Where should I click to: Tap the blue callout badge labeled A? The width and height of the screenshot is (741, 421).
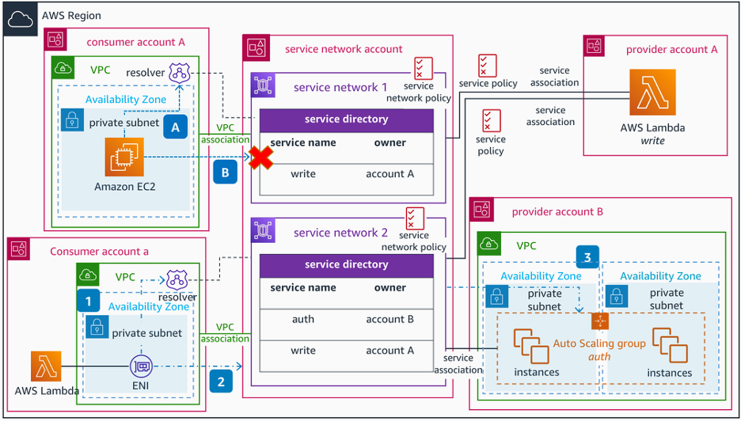[x=175, y=126]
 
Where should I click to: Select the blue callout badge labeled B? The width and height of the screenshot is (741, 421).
[x=225, y=172]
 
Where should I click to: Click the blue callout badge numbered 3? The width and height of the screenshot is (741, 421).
[x=587, y=258]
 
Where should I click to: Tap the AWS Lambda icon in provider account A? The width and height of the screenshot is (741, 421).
[x=653, y=93]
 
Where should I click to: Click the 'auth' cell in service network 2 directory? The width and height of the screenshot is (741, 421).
[x=303, y=319]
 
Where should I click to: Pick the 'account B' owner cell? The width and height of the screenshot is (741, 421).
[x=389, y=319]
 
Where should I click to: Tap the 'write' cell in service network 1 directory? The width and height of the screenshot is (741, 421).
[x=303, y=174]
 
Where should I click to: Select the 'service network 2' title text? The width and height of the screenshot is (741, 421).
[x=340, y=233]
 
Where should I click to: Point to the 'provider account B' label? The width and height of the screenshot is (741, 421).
[x=557, y=211]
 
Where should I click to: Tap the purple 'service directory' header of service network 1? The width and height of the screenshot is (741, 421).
[x=347, y=119]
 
